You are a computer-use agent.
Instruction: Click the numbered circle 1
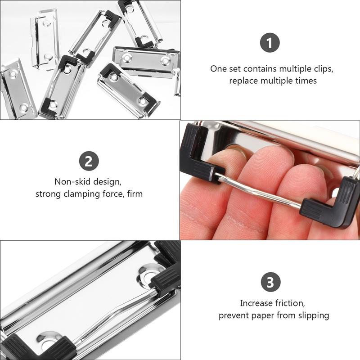pos(270,44)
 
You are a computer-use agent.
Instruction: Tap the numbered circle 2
pos(89,162)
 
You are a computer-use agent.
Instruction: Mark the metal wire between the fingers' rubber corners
pos(261,191)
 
